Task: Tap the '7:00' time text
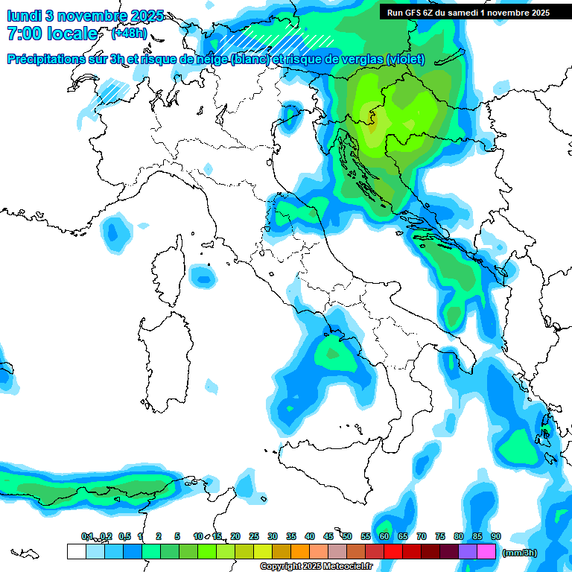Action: (x=25, y=34)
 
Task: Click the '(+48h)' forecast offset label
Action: (x=128, y=34)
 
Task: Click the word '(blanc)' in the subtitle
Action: (x=250, y=60)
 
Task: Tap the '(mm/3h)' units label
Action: (x=519, y=553)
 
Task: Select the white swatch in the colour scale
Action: (x=76, y=551)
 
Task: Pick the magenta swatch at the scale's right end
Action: (x=486, y=551)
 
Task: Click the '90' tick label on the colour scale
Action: (x=496, y=536)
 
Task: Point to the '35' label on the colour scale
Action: (x=291, y=536)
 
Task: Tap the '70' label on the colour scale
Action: (x=422, y=536)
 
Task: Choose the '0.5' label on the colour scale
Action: (x=124, y=536)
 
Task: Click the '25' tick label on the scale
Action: (x=254, y=536)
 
